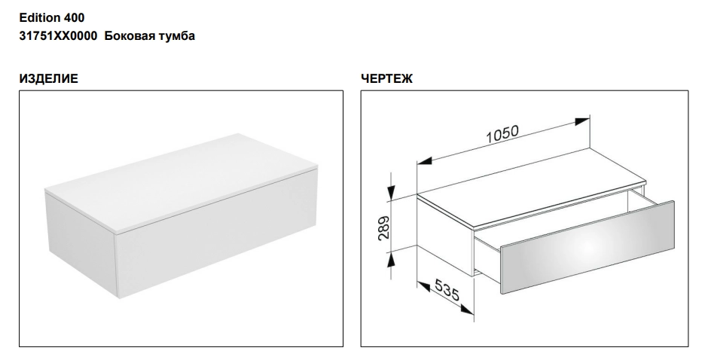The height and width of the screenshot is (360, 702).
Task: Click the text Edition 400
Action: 51,18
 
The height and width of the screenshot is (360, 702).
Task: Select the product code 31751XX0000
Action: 58,36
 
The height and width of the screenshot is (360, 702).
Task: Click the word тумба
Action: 175,36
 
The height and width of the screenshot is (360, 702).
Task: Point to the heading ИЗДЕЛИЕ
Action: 48,79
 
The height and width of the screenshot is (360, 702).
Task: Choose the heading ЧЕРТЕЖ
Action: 387,79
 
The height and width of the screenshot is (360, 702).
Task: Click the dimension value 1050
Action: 502,134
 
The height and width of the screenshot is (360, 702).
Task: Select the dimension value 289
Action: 383,228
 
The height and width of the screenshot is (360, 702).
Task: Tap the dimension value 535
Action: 447,290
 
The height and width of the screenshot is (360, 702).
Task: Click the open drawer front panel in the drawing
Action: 588,247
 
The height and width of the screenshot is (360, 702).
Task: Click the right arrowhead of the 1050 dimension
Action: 582,121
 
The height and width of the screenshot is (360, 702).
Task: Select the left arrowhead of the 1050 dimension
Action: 424,160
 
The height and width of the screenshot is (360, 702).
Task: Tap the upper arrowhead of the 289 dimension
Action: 392,193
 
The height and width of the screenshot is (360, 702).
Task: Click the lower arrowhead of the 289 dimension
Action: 392,259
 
